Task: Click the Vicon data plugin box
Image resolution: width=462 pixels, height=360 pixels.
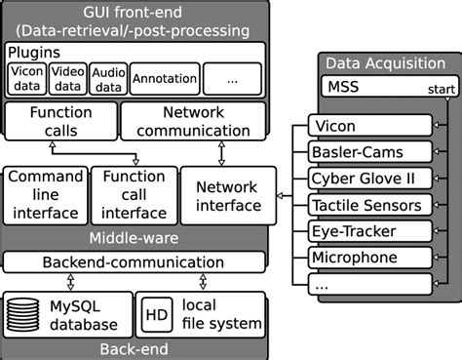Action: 25,77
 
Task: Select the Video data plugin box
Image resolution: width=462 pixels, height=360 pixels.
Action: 66,77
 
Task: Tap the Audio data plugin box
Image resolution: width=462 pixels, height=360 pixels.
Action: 107,77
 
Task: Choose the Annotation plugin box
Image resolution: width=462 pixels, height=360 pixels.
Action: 164,77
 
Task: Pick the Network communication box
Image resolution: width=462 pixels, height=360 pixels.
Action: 191,122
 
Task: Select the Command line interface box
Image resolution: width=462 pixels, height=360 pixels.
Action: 44,193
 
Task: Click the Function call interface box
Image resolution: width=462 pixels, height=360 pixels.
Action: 134,193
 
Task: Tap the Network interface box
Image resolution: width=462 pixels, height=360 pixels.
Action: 228,194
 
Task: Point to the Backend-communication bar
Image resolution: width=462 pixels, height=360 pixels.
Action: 135,261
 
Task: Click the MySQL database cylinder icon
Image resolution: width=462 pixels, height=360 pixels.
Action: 26,314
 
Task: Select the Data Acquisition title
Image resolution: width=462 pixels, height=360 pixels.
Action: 385,61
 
